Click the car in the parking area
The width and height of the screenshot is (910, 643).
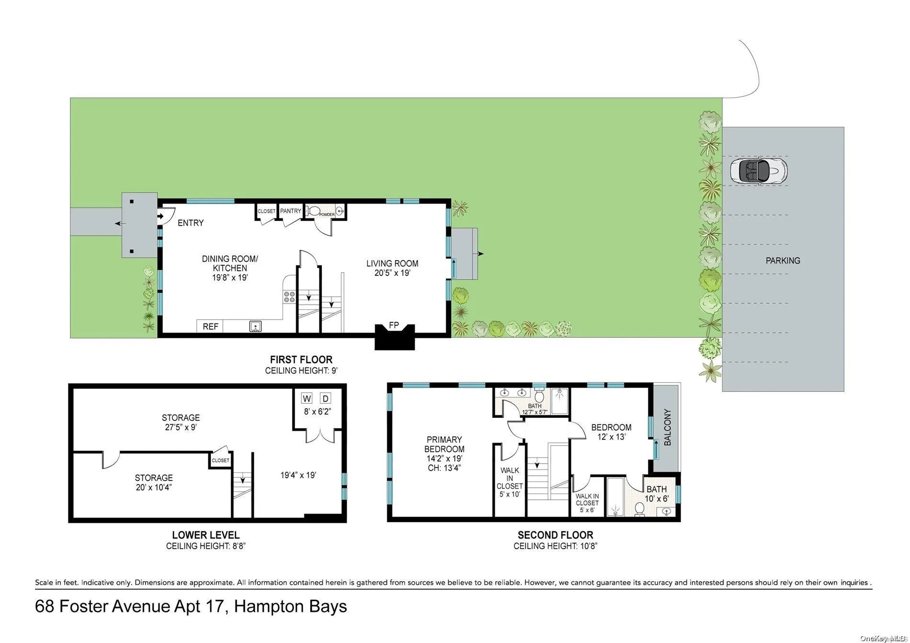click(758, 170)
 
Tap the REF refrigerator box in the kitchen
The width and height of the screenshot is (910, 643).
click(210, 326)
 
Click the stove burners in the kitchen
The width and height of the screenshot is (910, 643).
click(289, 297)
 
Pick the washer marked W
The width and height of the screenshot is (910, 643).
click(307, 398)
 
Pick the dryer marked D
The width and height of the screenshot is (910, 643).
click(326, 398)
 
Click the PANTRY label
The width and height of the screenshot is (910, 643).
click(291, 211)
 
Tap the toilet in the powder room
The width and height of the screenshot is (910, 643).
click(314, 211)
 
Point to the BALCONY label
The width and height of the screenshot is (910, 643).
click(668, 427)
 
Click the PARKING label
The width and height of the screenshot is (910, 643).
click(783, 261)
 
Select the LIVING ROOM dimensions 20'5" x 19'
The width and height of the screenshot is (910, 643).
click(392, 273)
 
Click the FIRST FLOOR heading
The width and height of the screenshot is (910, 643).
click(301, 359)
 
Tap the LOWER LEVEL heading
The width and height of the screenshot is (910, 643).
click(205, 535)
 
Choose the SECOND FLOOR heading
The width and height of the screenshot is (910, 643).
click(555, 535)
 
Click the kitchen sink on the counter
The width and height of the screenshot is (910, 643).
click(256, 326)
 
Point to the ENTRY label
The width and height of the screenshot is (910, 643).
click(191, 223)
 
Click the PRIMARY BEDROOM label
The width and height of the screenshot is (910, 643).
click(444, 444)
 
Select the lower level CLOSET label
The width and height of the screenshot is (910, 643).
click(220, 460)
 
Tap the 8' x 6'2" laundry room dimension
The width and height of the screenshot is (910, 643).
click(317, 411)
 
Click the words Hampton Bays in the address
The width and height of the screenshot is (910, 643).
click(290, 607)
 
